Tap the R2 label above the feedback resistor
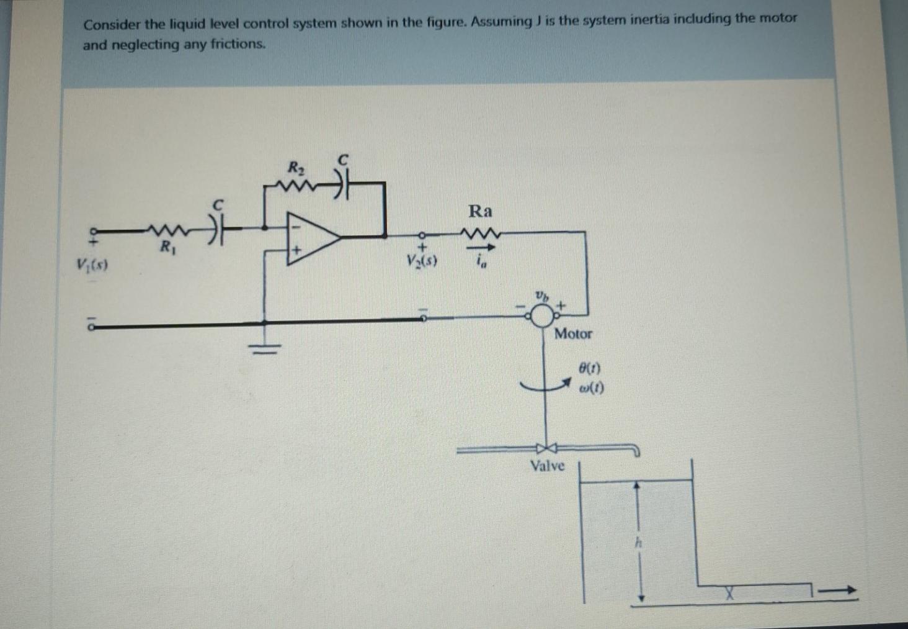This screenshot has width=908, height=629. [x=296, y=167]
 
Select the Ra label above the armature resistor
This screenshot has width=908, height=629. [x=480, y=211]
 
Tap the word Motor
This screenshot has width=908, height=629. [x=573, y=334]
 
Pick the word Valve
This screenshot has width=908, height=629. [x=547, y=466]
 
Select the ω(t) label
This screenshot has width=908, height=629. [x=590, y=389]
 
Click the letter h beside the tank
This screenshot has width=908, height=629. [x=636, y=542]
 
